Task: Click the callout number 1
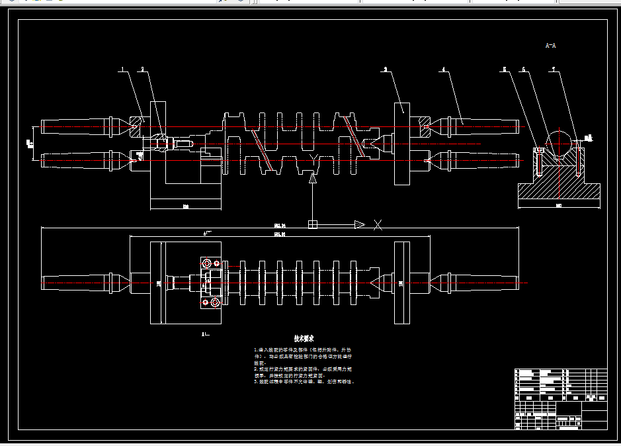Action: (122, 69)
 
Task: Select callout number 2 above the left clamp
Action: (142, 69)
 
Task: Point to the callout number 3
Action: (385, 69)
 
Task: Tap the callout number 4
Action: (444, 69)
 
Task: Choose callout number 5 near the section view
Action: (504, 69)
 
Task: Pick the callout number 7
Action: (553, 69)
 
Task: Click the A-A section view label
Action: (550, 46)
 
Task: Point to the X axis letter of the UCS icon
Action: (378, 225)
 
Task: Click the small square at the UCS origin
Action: (313, 225)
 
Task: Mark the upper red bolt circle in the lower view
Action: (208, 263)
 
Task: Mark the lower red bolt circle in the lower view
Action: (206, 302)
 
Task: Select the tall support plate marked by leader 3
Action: (401, 144)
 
